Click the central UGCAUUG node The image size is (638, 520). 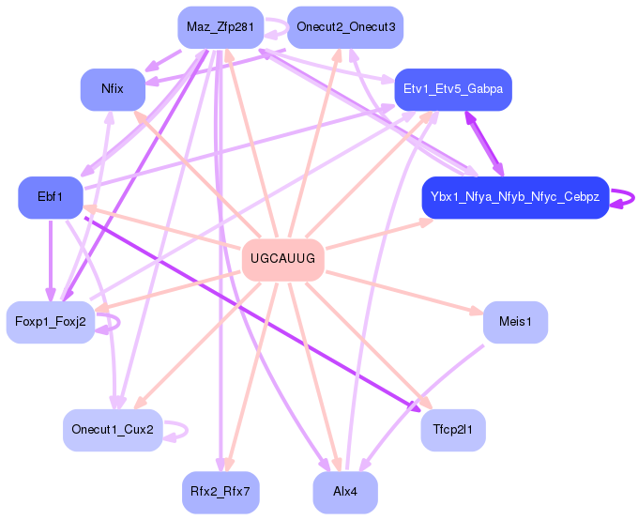click(x=283, y=259)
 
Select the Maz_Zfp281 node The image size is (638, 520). click(x=220, y=27)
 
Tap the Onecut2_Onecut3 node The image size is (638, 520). click(x=345, y=27)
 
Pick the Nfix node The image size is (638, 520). click(x=113, y=89)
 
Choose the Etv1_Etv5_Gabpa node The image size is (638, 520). click(x=452, y=89)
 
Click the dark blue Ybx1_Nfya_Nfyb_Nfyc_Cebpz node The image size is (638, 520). click(x=514, y=197)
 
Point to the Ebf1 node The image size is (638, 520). click(x=50, y=197)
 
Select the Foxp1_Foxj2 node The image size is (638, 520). click(x=51, y=322)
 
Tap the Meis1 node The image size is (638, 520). click(x=515, y=322)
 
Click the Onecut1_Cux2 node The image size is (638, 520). click(x=113, y=430)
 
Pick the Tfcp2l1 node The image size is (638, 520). click(x=453, y=430)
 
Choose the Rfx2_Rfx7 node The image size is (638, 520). click(x=220, y=492)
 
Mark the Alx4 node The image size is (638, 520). click(x=345, y=492)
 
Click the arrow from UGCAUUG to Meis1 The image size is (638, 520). click(x=403, y=292)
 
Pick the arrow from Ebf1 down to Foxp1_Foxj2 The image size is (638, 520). click(x=50, y=258)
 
